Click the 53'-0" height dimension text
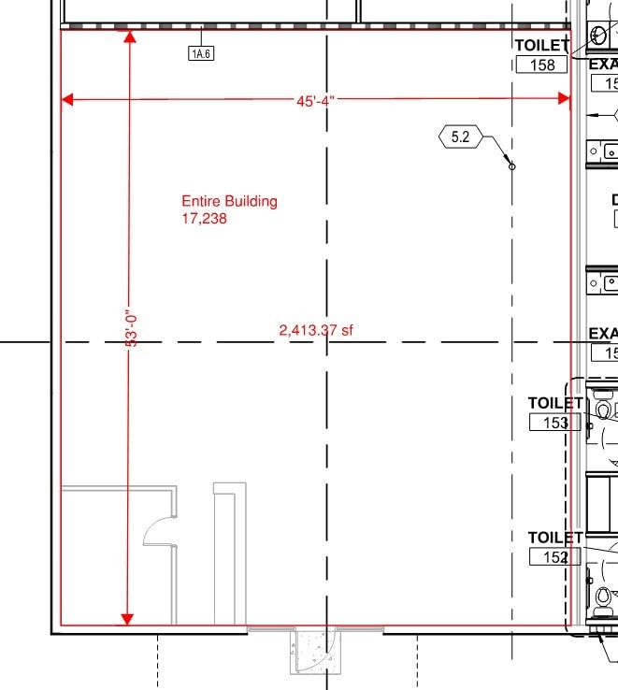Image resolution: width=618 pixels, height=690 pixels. pyautogui.click(x=132, y=330)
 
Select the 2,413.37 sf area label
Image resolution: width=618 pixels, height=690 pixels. pyautogui.click(x=316, y=330)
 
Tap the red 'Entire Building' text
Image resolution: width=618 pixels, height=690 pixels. pyautogui.click(x=229, y=201)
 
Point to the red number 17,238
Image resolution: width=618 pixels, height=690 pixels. pyautogui.click(x=205, y=219)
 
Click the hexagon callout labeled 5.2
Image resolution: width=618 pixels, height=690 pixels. pyautogui.click(x=460, y=137)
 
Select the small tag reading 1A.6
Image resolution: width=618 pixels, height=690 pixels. pyautogui.click(x=201, y=53)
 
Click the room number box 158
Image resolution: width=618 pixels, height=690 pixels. pyautogui.click(x=542, y=65)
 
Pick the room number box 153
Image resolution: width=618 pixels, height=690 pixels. pyautogui.click(x=555, y=423)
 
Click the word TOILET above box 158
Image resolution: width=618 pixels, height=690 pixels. pyautogui.click(x=541, y=45)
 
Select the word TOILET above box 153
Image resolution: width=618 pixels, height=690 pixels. pyautogui.click(x=555, y=403)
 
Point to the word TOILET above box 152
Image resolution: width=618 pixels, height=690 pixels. pyautogui.click(x=555, y=538)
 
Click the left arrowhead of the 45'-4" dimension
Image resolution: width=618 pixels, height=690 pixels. pyautogui.click(x=66, y=99)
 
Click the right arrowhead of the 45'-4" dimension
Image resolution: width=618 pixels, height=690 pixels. pyautogui.click(x=565, y=99)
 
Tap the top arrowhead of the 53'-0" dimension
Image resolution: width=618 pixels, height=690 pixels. pyautogui.click(x=128, y=38)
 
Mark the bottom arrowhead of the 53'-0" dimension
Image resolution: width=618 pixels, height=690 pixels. pyautogui.click(x=128, y=619)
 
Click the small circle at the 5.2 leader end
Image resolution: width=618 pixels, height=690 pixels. pyautogui.click(x=511, y=166)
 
